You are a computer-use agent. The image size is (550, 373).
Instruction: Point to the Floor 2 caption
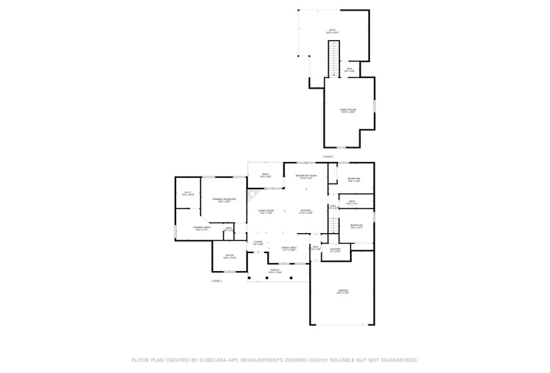pyautogui.click(x=328, y=157)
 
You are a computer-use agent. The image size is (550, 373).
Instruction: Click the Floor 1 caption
pyautogui.click(x=216, y=280)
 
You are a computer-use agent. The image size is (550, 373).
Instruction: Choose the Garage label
pyautogui.click(x=343, y=291)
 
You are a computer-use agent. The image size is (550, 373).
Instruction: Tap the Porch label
pyautogui.click(x=275, y=271)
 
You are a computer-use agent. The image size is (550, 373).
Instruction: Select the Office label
pyautogui.click(x=229, y=256)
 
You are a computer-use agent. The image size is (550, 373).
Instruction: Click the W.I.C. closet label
pyautogui.click(x=188, y=194)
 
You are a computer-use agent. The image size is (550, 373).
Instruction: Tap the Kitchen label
pyautogui.click(x=306, y=212)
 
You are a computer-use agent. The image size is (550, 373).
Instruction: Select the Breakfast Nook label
pyautogui.click(x=306, y=177)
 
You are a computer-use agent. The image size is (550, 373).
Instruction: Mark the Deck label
pyautogui.click(x=265, y=175)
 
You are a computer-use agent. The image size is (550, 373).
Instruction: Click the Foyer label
pyautogui.click(x=257, y=242)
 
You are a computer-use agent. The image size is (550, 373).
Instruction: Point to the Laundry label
pyautogui.click(x=335, y=250)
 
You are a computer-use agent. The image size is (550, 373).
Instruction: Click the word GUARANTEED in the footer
pyautogui.click(x=395, y=360)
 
